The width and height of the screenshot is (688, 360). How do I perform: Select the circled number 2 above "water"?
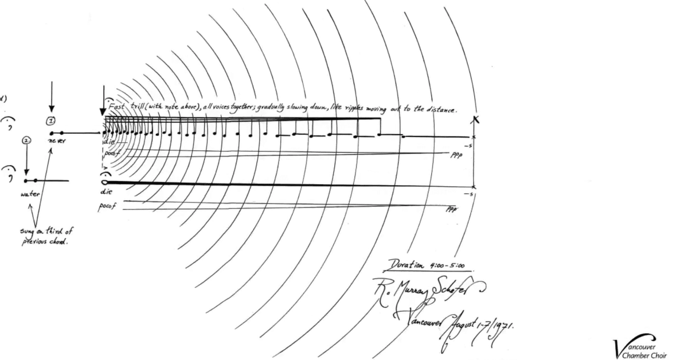(26, 140)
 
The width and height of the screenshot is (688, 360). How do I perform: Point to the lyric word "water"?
(29, 194)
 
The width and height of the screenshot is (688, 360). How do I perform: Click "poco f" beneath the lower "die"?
(107, 206)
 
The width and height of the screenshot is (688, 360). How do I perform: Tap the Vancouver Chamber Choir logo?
(636, 345)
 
